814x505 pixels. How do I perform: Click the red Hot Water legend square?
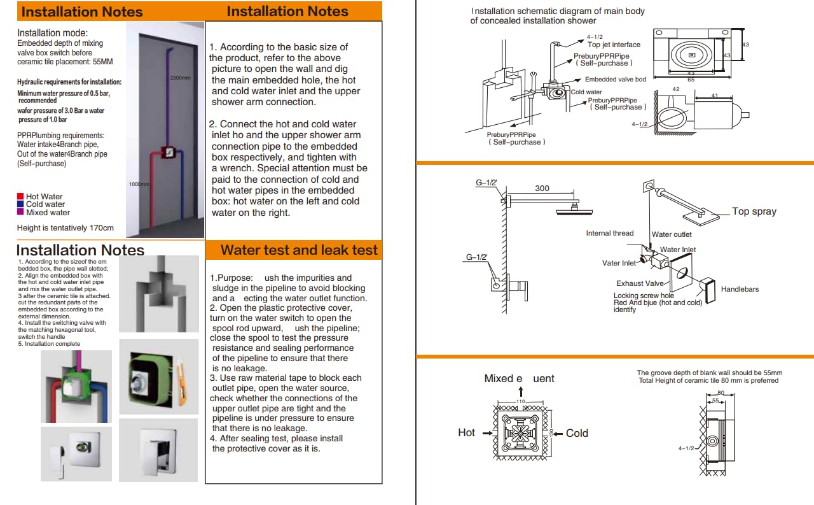tap(20, 197)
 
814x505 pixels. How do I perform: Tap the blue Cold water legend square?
tap(20, 204)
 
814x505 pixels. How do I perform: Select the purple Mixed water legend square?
tap(20, 213)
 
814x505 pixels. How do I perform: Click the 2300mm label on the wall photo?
tap(180, 78)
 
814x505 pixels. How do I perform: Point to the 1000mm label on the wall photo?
tap(139, 185)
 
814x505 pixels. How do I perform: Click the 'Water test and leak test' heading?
tap(299, 250)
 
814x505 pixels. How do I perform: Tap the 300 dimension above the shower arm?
tap(542, 188)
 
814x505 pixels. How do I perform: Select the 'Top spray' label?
tap(754, 211)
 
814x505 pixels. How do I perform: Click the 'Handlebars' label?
tap(740, 289)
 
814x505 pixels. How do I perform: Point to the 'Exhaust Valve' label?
tap(640, 283)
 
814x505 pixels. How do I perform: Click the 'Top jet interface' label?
tap(614, 45)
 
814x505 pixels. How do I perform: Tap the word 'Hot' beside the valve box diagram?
tap(466, 433)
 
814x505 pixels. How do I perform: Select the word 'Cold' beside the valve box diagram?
tap(577, 433)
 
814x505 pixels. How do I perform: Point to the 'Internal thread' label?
tap(609, 233)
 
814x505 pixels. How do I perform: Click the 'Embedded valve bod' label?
tap(615, 80)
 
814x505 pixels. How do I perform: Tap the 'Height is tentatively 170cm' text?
tap(66, 227)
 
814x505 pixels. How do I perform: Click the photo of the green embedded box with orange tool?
tap(158, 376)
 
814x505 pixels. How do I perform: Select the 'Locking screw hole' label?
tap(644, 295)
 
